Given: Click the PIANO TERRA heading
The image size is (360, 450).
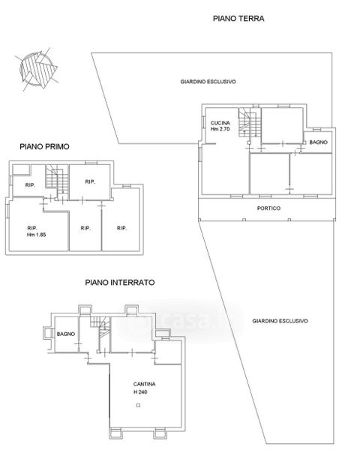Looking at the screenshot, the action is [x=238, y=18].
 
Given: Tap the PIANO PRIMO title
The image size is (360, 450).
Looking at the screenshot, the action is [x=44, y=147].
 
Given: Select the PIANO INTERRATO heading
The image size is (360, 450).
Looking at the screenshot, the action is [x=120, y=283].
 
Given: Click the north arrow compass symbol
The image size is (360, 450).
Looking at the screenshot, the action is [x=37, y=70].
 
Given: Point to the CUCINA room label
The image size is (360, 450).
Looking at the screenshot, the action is [x=220, y=123].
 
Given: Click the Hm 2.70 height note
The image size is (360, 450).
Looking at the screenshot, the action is [x=220, y=129].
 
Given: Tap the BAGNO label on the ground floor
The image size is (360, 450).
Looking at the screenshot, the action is [x=318, y=142].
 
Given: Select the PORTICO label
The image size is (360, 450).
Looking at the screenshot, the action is [x=268, y=208].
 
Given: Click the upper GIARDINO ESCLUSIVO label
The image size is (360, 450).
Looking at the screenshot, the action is [x=208, y=82].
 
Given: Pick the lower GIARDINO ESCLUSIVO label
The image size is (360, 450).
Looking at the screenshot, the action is [x=280, y=321].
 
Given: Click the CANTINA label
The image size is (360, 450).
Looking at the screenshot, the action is [x=145, y=384].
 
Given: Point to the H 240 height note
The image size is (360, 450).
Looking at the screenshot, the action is [x=140, y=392].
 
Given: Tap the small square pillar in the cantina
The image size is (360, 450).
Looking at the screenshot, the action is [x=138, y=406].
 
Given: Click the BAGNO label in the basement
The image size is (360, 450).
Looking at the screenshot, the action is [x=66, y=334].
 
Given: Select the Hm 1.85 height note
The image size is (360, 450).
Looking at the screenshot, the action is [x=37, y=235].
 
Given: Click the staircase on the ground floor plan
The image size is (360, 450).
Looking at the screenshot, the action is [x=250, y=122].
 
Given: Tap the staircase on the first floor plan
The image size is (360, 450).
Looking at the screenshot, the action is [x=57, y=180].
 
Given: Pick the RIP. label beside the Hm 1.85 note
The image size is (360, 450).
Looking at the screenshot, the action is [x=32, y=228].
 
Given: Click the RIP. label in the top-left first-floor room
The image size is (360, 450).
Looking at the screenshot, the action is [x=30, y=185].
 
